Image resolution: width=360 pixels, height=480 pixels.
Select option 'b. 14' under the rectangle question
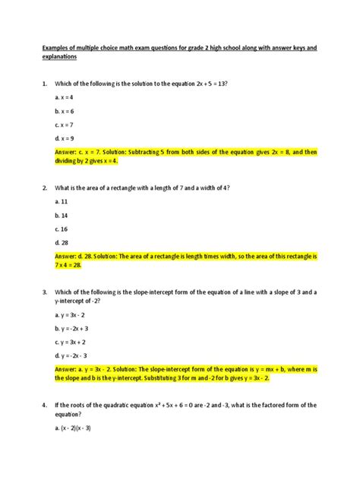[x=62, y=215]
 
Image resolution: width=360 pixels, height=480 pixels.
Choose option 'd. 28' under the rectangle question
[x=62, y=242]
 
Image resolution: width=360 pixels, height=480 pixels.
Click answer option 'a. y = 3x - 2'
[x=72, y=314]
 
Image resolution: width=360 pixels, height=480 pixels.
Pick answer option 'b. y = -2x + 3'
[x=74, y=327]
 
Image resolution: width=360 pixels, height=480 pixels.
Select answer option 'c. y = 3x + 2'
[x=72, y=341]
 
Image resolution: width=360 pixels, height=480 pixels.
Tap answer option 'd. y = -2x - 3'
[x=74, y=355]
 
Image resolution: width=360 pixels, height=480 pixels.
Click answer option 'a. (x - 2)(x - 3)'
[x=74, y=427]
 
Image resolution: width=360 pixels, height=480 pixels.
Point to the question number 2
[x=45, y=188]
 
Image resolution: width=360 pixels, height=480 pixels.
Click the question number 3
[x=45, y=292]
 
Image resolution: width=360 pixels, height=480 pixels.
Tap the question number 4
[x=45, y=405]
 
